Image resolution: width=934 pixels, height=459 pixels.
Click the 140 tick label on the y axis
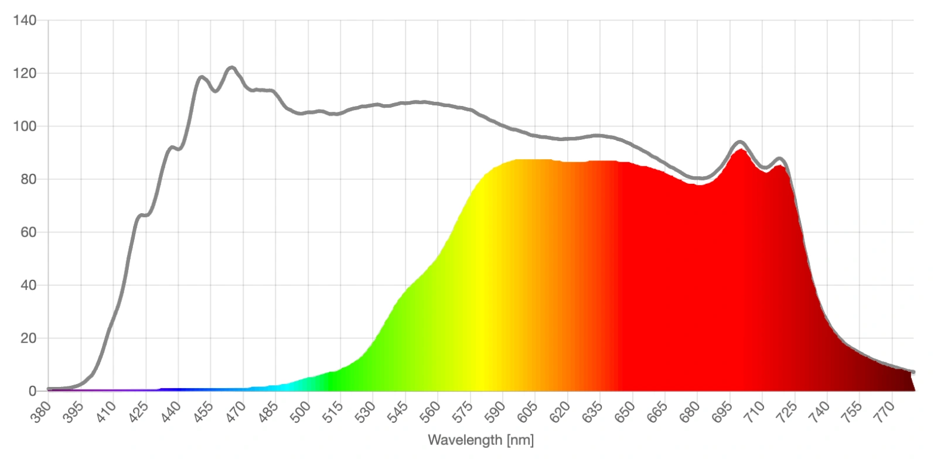[x=25, y=20]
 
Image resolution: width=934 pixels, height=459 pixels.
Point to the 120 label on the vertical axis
[x=25, y=74]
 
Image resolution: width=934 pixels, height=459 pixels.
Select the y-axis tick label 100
[x=25, y=126]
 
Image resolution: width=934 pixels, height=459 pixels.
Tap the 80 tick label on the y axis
[x=28, y=179]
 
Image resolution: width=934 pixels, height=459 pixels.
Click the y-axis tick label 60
[x=28, y=232]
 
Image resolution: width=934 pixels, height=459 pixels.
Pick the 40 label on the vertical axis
[x=28, y=285]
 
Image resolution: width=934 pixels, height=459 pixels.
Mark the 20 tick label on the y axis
[x=28, y=338]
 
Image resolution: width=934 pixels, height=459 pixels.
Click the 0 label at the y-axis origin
[x=32, y=391]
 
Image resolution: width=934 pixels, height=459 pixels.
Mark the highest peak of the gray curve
[x=231, y=68]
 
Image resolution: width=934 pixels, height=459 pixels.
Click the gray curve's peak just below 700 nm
[x=740, y=142]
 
